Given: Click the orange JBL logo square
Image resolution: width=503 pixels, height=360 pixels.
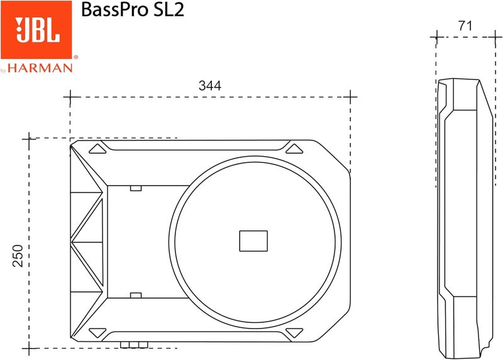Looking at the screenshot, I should click(38, 30).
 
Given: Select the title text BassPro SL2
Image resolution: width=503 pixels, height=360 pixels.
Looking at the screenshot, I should click(132, 11).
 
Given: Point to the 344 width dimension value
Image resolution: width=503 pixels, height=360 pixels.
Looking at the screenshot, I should click(209, 86).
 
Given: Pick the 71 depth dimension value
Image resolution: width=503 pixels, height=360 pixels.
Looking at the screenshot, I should click(466, 26).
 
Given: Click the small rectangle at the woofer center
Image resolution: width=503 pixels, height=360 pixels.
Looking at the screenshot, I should click(253, 241).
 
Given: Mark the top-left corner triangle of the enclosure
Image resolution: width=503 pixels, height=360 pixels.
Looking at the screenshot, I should click(97, 149).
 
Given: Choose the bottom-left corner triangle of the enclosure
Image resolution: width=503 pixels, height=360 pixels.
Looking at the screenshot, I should click(97, 332).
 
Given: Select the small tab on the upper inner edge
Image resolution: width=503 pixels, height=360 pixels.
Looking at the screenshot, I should click(135, 187).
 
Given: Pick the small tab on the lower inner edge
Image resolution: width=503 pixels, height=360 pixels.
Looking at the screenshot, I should click(135, 295).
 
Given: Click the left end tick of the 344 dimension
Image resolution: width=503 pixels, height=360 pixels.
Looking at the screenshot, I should click(70, 98).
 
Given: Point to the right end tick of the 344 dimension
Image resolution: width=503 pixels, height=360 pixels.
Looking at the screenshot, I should click(350, 98).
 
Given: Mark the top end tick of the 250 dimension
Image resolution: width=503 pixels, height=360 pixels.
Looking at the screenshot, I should click(28, 138).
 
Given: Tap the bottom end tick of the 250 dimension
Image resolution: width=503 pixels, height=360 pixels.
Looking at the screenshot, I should click(28, 347).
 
